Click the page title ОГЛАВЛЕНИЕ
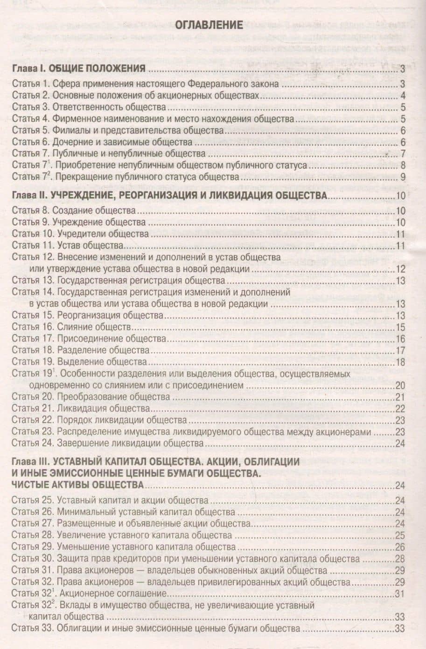tap(209, 24)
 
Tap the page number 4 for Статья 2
tap(402, 96)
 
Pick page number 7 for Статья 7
tap(402, 153)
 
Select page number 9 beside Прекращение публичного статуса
tap(402, 177)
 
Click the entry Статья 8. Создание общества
tap(74, 211)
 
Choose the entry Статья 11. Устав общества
tap(67, 246)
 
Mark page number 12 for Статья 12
tap(400, 269)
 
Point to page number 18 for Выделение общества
tap(400, 362)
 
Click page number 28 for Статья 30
tap(400, 559)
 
